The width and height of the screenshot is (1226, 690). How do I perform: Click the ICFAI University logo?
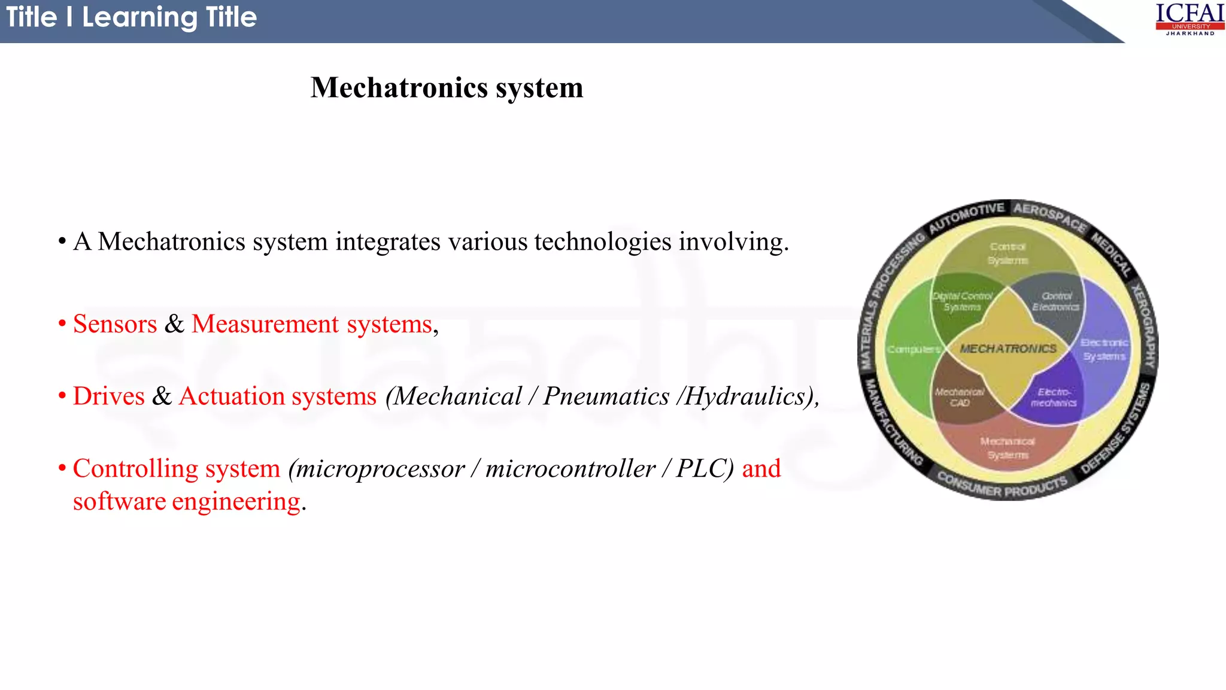1189,19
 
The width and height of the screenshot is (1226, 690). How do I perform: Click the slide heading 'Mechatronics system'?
447,88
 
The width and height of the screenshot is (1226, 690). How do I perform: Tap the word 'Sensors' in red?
115,324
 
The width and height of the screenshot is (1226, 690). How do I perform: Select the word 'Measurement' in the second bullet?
265,324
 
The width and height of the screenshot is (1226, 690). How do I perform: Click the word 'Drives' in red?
109,397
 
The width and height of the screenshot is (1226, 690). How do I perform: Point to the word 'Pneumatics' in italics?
606,397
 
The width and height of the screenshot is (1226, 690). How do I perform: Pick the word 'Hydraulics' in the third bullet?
745,397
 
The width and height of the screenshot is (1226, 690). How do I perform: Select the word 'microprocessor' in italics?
381,469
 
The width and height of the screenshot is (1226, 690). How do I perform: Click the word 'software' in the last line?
119,501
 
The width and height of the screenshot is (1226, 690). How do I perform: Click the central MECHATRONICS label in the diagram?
1008,349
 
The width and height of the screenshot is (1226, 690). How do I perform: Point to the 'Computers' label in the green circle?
914,349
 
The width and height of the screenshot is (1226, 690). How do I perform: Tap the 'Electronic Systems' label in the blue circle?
1104,350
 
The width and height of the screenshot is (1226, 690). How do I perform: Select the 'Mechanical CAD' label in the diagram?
960,397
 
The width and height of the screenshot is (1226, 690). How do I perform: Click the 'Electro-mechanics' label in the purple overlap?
1054,397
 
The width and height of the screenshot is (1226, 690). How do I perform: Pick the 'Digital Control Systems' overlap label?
963,301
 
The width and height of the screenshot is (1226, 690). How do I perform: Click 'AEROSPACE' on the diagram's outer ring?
1049,217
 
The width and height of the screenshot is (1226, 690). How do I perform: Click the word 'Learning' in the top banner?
139,17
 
